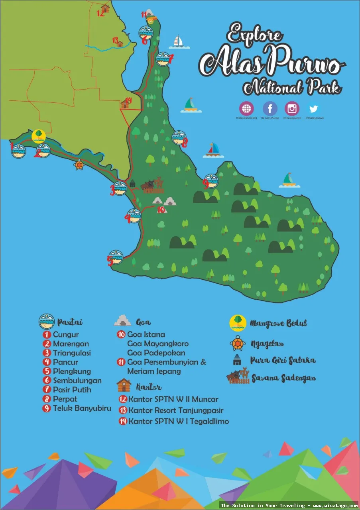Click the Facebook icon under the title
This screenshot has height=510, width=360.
[270, 108]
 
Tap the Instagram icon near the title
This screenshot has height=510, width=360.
[292, 108]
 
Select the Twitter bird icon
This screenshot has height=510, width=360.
[314, 108]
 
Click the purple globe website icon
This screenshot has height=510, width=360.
[246, 108]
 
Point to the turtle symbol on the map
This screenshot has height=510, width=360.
[79, 164]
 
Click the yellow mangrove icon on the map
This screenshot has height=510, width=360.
[39, 136]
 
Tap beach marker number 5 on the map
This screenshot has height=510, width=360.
[116, 257]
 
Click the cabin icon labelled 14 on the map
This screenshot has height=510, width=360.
[125, 104]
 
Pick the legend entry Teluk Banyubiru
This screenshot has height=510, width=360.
[82, 408]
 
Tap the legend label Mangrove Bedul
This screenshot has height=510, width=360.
[278, 323]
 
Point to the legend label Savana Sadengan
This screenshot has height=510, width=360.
[283, 378]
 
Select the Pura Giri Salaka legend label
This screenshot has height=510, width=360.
[283, 360]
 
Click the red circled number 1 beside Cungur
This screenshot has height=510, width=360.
[47, 335]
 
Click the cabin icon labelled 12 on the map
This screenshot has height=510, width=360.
[105, 8]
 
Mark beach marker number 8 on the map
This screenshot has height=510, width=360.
[179, 137]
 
